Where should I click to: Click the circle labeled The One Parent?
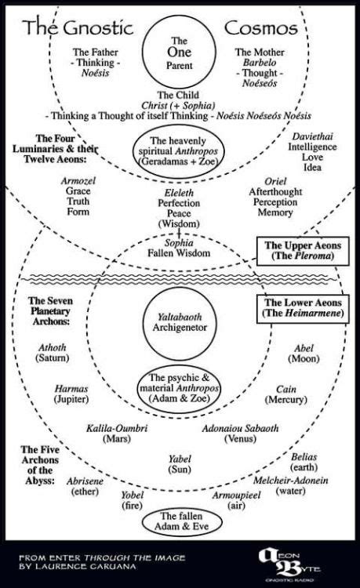[180, 56]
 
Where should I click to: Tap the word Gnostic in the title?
[96, 30]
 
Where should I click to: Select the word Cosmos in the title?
[261, 30]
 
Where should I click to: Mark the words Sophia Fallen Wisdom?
[180, 248]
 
